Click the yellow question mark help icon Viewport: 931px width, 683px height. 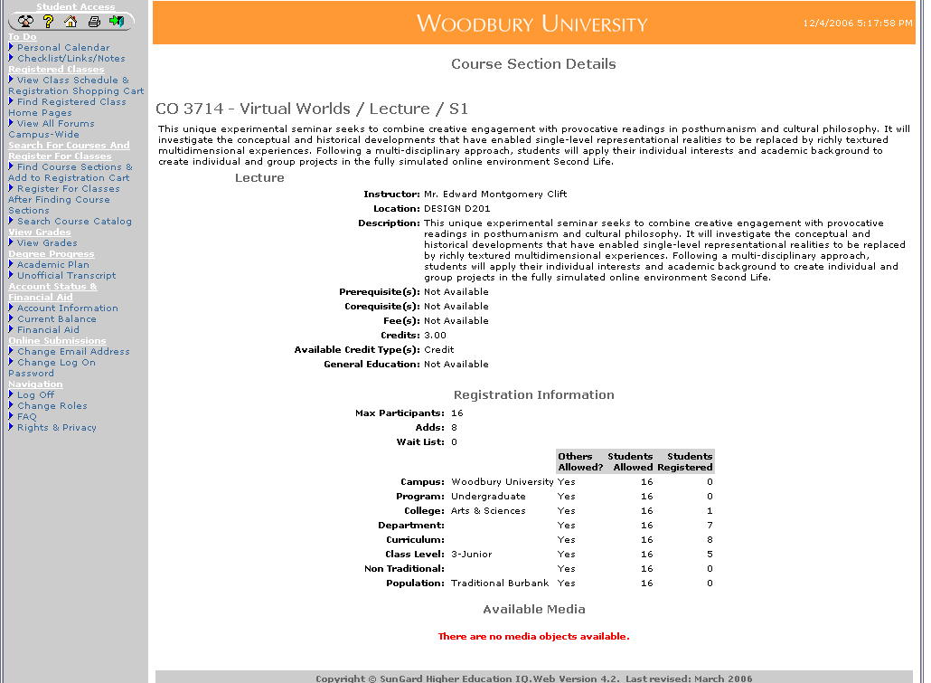click(49, 21)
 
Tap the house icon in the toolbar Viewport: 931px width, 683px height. click(71, 21)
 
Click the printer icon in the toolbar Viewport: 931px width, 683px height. click(93, 21)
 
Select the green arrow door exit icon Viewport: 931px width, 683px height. click(117, 21)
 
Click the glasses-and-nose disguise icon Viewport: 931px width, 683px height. click(25, 21)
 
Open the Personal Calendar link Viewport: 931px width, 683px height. click(63, 48)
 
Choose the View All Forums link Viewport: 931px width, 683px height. click(55, 124)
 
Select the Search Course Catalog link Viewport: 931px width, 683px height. click(74, 222)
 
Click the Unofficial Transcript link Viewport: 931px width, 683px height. click(66, 276)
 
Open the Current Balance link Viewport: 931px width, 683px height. click(56, 319)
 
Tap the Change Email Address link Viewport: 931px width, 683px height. click(73, 352)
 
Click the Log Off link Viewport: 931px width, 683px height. click(35, 395)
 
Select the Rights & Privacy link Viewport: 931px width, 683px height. click(56, 428)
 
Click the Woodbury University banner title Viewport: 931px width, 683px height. click(531, 24)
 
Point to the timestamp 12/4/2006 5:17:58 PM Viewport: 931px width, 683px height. click(857, 24)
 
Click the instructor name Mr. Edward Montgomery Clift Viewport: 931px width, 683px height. click(495, 194)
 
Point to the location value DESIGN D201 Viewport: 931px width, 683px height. click(457, 209)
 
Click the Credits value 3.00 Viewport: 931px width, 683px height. click(435, 336)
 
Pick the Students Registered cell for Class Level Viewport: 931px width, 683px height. click(709, 555)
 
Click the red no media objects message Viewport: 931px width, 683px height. click(533, 637)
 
